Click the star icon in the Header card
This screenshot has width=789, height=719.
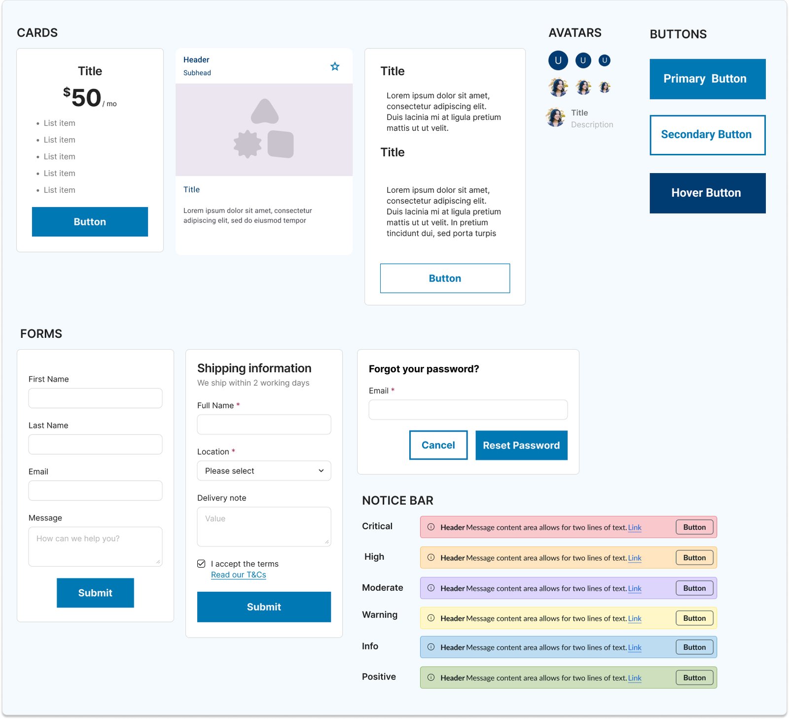(335, 66)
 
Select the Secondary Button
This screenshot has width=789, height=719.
(707, 135)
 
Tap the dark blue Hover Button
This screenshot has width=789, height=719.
(707, 193)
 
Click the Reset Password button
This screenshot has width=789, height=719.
(521, 445)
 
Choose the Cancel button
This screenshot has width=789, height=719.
(438, 445)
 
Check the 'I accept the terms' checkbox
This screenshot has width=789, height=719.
(201, 564)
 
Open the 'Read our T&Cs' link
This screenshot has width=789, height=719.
(239, 575)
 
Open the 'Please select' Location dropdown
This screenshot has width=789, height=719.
(264, 471)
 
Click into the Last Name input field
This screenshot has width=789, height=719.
(95, 444)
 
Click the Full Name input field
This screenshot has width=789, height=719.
(264, 425)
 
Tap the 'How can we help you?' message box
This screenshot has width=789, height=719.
(95, 546)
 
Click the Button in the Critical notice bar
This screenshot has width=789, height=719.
(694, 527)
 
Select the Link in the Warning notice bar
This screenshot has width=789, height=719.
(635, 618)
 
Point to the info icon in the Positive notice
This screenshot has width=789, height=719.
(431, 678)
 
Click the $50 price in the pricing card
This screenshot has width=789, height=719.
(82, 97)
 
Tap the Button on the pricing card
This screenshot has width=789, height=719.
(90, 222)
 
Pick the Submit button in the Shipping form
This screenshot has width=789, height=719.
(264, 607)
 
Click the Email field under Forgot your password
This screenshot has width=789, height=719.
(468, 410)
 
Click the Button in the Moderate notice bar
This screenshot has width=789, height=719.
(694, 588)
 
